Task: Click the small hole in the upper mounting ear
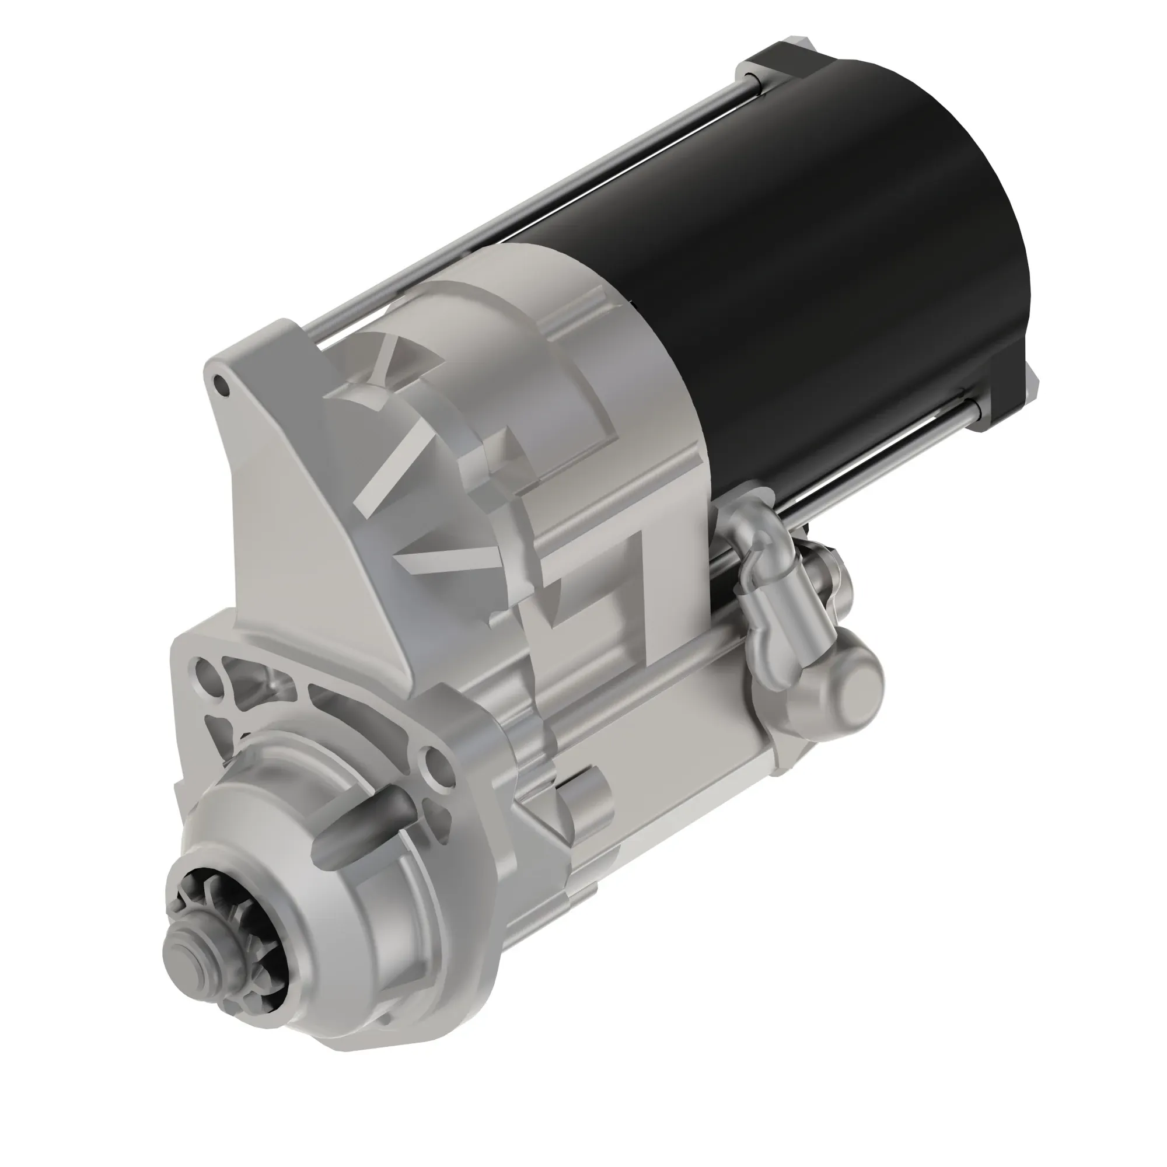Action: [x=222, y=385]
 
